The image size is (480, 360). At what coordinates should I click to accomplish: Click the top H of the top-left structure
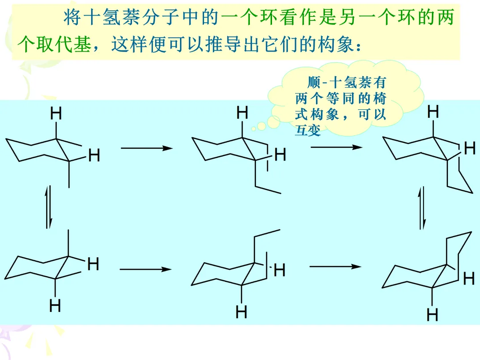[x=56, y=114]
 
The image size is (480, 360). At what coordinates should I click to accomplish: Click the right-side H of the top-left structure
[x=94, y=156]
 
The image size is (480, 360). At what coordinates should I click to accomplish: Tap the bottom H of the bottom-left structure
[x=55, y=306]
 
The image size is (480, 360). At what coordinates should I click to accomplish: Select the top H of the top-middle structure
[x=242, y=113]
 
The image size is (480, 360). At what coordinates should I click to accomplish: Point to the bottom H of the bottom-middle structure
[x=241, y=312]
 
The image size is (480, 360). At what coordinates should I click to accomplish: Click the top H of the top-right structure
[x=433, y=112]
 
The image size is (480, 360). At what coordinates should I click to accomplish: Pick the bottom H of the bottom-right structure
[x=432, y=315]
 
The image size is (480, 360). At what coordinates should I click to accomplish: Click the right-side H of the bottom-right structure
[x=468, y=279]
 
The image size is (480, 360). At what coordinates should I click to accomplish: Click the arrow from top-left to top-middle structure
[x=146, y=148]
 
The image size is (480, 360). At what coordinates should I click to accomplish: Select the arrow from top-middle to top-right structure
[x=336, y=147]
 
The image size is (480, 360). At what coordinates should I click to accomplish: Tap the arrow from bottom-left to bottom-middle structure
[x=145, y=269]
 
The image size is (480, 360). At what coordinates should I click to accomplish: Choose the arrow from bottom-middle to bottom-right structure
[x=335, y=266]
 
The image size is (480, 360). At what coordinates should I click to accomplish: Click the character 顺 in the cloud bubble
[x=313, y=83]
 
